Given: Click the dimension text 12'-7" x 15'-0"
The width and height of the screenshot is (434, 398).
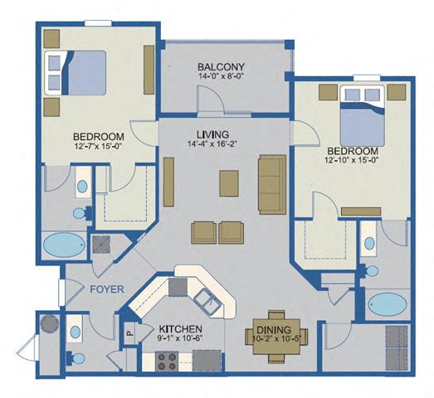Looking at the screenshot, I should (x=98, y=148).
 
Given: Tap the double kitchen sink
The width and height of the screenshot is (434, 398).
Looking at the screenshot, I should (x=205, y=303).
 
